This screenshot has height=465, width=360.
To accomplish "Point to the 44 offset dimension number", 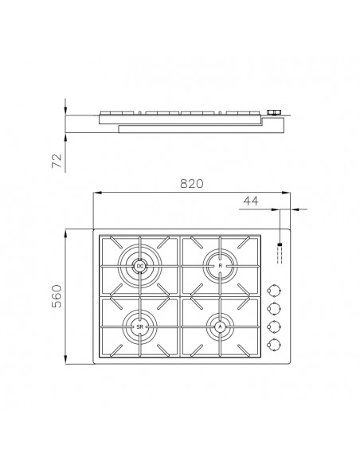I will tap(252, 202).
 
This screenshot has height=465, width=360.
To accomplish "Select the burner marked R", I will tap(221, 265).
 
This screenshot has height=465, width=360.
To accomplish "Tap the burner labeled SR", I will tap(139, 326).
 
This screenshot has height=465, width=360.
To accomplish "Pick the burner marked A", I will tap(221, 326).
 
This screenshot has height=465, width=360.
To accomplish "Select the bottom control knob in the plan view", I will tap(276, 344).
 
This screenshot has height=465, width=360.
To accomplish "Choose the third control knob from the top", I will tap(276, 326).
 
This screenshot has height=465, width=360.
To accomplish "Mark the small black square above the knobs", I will tap(280, 245).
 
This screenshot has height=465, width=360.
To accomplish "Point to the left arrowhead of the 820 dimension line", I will tap(96, 193).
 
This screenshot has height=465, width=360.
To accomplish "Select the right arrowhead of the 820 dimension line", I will tap(287, 193).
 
